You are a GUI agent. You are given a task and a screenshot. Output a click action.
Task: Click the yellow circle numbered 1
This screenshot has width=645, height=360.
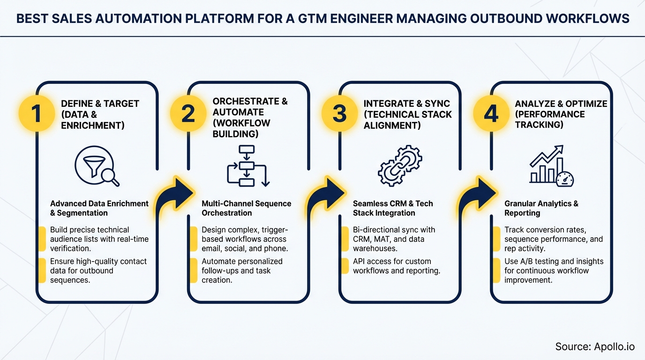[37, 114]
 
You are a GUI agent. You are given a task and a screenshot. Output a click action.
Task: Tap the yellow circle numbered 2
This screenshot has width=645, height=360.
[188, 114]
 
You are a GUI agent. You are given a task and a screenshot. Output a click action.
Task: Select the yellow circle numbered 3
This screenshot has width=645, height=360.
[339, 114]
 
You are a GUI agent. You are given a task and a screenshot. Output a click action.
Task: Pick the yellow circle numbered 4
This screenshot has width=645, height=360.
[491, 114]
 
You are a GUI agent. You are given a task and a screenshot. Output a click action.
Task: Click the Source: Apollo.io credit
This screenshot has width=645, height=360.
[594, 346]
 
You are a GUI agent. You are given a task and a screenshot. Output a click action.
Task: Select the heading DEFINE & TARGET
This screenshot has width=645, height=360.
[100, 104]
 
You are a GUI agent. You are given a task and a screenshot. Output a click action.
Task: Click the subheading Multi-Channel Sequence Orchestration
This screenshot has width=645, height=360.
[247, 208]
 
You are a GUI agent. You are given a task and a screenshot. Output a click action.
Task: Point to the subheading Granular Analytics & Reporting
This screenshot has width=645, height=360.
[541, 208]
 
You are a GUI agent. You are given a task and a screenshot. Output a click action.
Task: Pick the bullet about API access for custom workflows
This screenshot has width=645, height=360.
[396, 266]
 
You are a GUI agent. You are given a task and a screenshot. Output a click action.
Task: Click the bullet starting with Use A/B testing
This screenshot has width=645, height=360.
[554, 270]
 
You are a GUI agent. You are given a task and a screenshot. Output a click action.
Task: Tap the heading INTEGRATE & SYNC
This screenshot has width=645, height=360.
[406, 104]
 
